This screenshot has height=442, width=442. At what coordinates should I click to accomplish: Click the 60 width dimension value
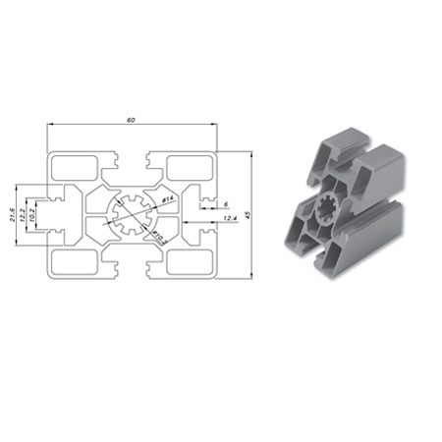[131, 120]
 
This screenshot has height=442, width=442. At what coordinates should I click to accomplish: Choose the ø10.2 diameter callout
[157, 237]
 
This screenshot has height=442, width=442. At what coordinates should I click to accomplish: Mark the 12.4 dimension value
[229, 218]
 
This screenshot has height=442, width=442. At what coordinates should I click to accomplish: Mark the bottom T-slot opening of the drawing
[131, 270]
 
